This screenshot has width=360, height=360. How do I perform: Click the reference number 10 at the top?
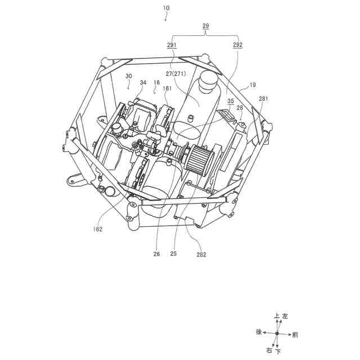(x=166, y=8)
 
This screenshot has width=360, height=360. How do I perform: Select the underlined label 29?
(x=206, y=25)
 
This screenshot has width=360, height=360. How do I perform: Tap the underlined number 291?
(x=172, y=44)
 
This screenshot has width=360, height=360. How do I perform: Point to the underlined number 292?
(x=237, y=44)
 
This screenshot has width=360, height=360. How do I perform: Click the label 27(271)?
(x=176, y=74)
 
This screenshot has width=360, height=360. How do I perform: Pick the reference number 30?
(x=129, y=76)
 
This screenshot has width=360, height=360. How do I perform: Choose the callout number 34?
(x=143, y=83)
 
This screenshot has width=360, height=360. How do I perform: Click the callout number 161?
(x=167, y=88)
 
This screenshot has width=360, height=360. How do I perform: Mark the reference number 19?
(x=253, y=85)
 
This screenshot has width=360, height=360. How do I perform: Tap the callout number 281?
(x=263, y=99)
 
